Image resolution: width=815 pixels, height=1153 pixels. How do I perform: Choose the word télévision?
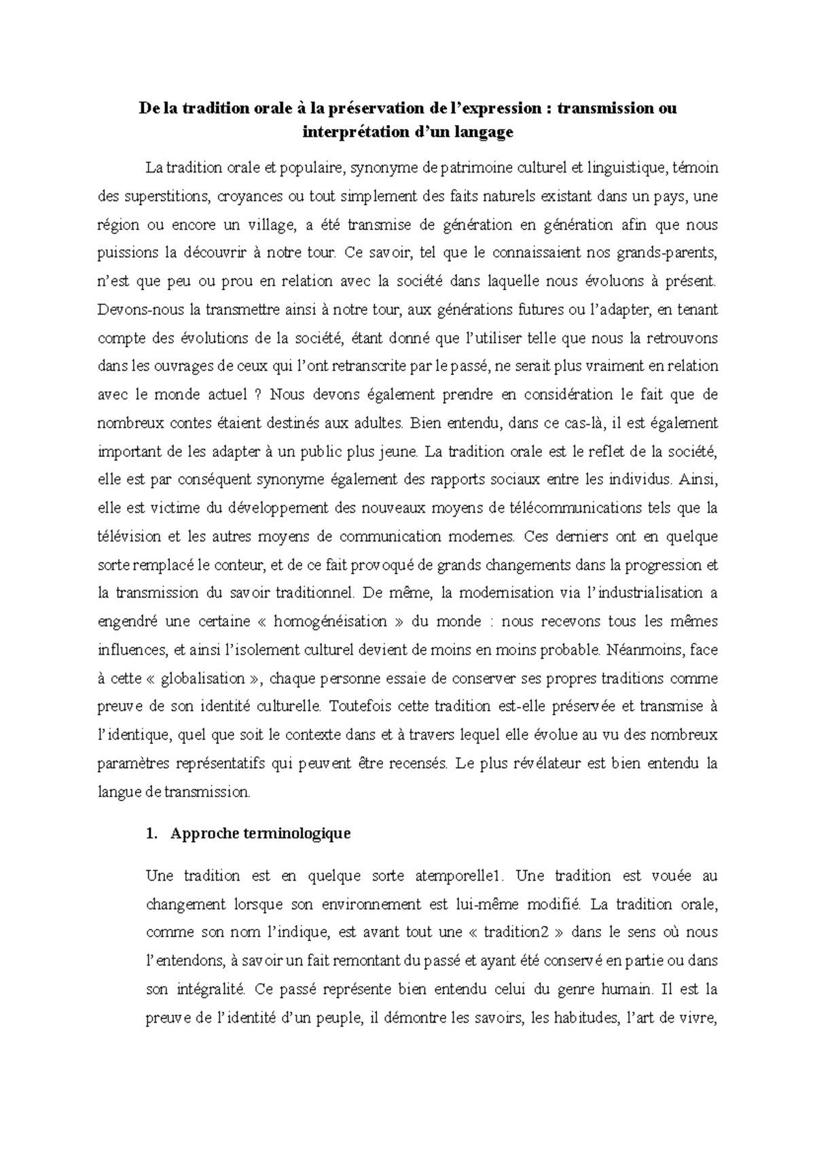pos(129,536)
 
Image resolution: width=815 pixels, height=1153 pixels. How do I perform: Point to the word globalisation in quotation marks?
pos(188,678)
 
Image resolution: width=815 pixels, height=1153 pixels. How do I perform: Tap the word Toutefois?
pos(358,706)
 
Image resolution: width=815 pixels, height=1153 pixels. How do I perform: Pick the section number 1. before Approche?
pos(152,833)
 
